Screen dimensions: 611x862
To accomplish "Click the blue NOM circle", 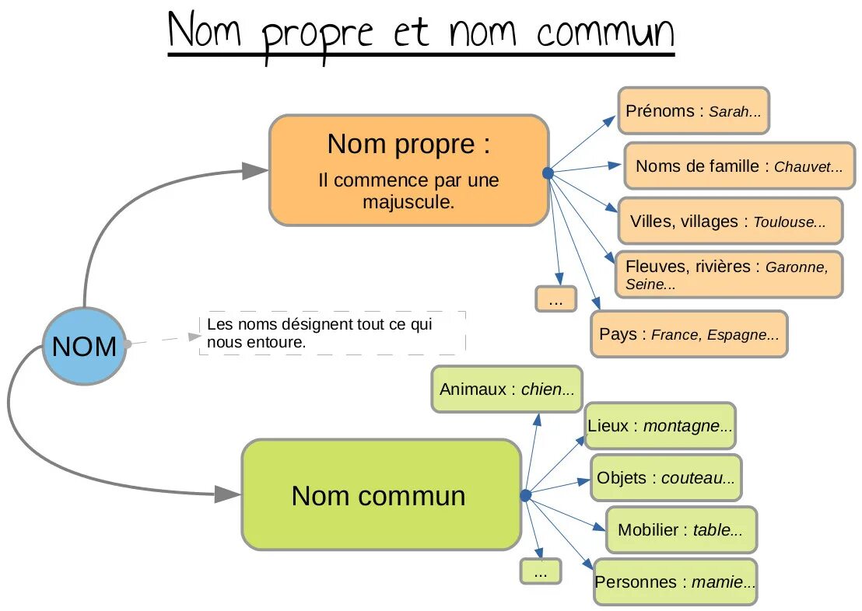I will tap(83, 346).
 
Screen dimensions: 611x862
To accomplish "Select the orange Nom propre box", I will tap(409, 170).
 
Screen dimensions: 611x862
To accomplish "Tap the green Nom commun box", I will tap(380, 495).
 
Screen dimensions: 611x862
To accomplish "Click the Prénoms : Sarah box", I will tap(693, 111).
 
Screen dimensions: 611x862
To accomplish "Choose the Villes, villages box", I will tap(729, 222).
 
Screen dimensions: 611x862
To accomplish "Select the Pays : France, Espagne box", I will tap(689, 334).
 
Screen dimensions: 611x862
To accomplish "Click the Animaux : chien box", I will tap(506, 389).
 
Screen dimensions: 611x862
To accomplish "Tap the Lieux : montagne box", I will tap(660, 426).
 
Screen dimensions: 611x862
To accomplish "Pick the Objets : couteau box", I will tap(665, 477).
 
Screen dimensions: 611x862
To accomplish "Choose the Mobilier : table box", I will tap(680, 530).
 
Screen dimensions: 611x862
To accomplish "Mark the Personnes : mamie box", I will tap(675, 581).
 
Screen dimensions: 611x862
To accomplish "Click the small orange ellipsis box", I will tap(555, 299).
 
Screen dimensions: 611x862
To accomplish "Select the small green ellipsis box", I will tap(541, 571).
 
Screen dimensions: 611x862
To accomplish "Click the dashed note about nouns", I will tap(332, 333).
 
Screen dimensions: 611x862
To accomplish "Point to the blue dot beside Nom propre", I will tap(547, 173).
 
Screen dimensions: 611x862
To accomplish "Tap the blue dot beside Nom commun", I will tap(525, 495).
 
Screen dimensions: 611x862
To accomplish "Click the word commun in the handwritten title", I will tap(604, 33).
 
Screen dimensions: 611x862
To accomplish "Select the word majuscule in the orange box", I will tap(408, 202).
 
